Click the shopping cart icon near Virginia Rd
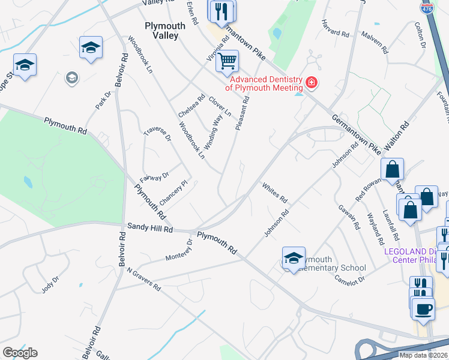(227, 61)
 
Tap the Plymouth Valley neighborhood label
(162, 31)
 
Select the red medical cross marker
(311, 83)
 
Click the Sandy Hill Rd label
(149, 228)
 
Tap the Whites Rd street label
(275, 191)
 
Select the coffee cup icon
(423, 308)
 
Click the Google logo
(20, 353)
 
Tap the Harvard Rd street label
(336, 32)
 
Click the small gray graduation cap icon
(71, 78)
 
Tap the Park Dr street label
(103, 100)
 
